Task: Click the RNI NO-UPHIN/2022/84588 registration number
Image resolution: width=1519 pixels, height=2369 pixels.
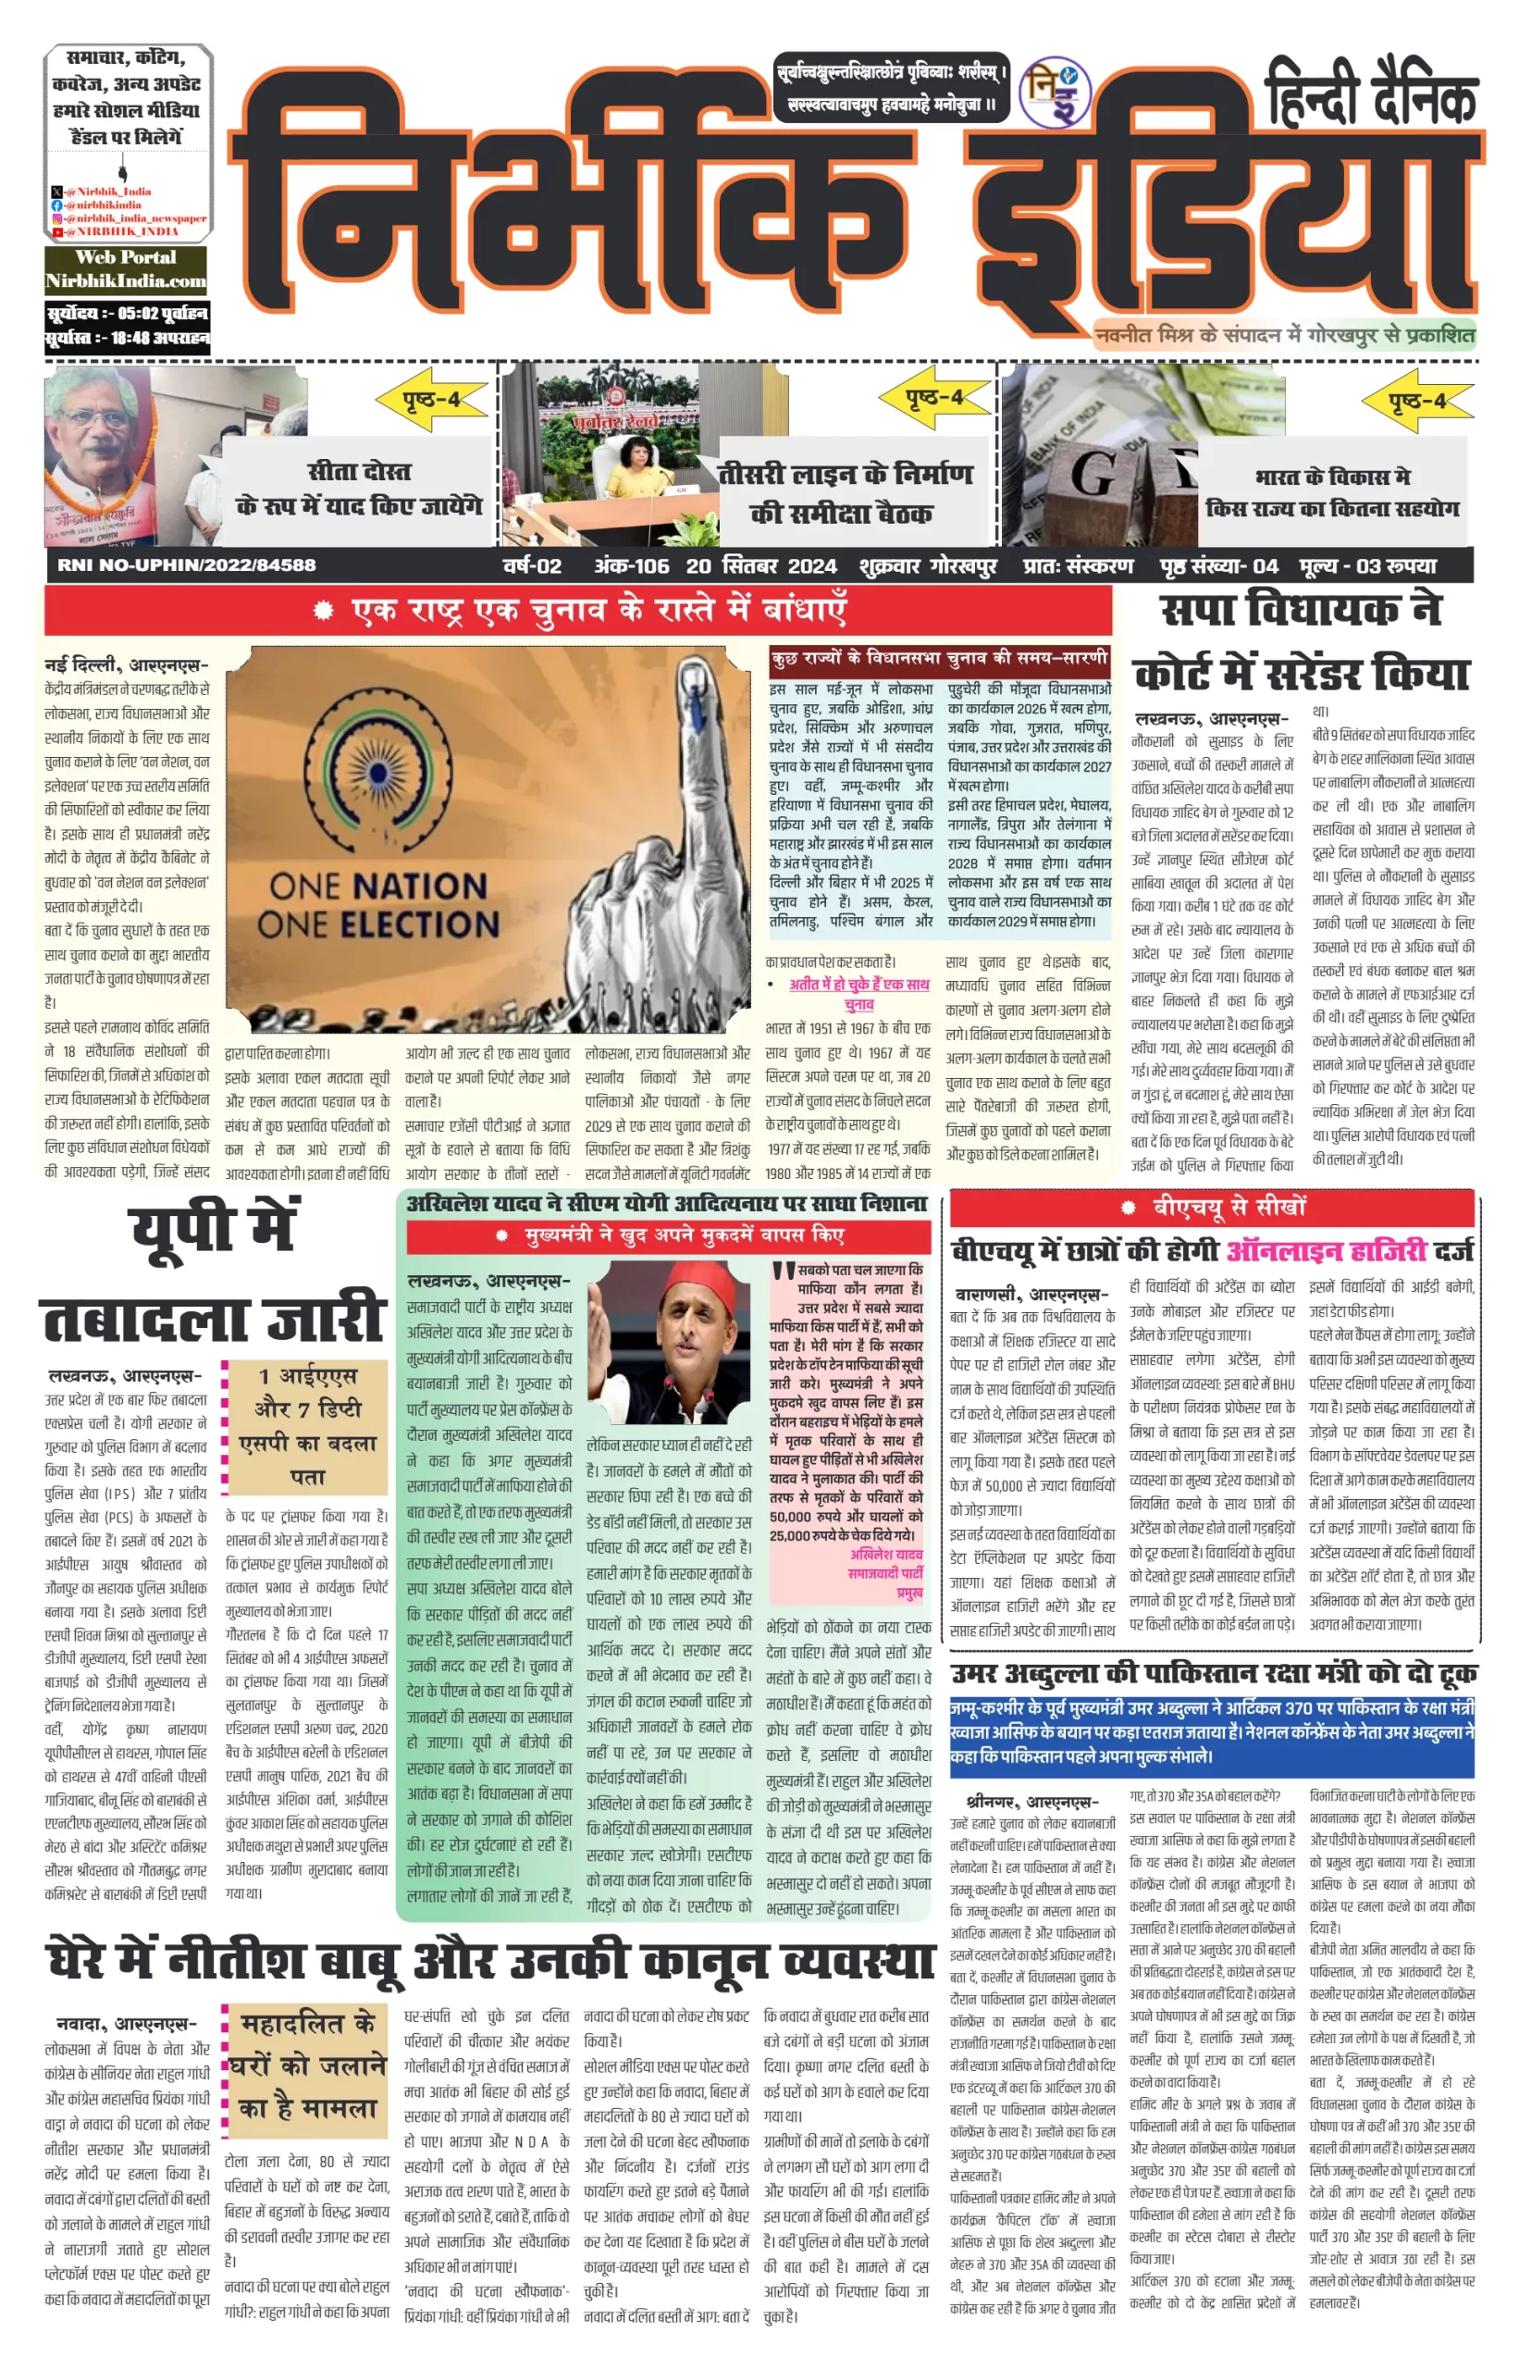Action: (187, 565)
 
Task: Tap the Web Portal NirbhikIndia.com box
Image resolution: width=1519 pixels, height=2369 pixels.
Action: (125, 269)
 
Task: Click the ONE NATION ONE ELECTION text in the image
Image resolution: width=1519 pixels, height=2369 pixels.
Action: (378, 904)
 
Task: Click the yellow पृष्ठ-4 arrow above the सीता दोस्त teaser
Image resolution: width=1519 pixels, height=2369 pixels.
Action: (431, 400)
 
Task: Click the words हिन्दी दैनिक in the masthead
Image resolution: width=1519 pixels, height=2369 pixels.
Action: (1372, 95)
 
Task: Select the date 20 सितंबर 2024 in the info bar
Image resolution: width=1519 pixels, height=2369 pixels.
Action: (761, 566)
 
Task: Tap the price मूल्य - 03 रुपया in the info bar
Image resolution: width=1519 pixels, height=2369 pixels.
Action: (1369, 566)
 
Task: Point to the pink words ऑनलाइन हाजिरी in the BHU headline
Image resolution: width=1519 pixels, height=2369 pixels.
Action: (1327, 1251)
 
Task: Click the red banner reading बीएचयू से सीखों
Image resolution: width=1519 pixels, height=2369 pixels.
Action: (1212, 1207)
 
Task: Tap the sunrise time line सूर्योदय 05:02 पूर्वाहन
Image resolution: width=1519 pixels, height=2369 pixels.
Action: (128, 314)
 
